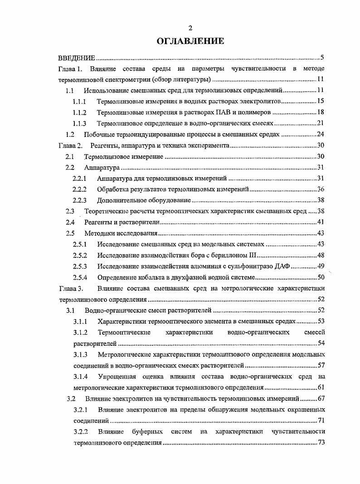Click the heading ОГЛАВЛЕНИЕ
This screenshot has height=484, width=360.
190,41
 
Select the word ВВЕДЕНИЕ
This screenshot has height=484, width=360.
77,58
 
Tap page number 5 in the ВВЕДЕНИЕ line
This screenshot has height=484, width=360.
321,58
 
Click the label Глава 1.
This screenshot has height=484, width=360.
70,69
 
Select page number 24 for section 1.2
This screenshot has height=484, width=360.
320,134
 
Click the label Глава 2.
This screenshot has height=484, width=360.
70,145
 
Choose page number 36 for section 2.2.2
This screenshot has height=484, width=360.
320,189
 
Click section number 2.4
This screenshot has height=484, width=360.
69,222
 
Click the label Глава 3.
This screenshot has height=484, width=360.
71,288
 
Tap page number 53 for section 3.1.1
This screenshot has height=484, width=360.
320,321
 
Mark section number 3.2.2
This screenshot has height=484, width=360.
80,431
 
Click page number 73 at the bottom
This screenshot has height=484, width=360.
321,442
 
